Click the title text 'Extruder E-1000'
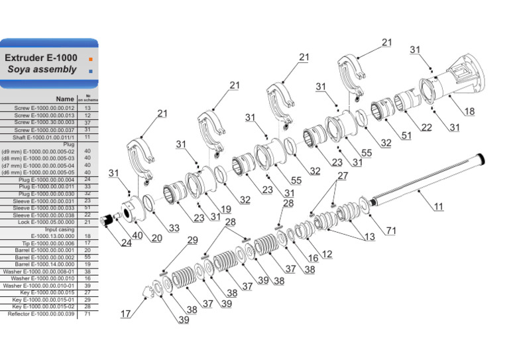click(x=41, y=58)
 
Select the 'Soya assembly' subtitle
click(x=42, y=70)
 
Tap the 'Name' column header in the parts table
click(x=64, y=99)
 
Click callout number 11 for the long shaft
click(x=438, y=207)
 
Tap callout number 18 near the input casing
click(x=469, y=111)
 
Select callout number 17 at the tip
click(x=125, y=314)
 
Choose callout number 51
click(x=406, y=135)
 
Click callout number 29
click(x=192, y=240)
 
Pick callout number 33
click(x=173, y=228)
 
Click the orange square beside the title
click(x=90, y=58)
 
